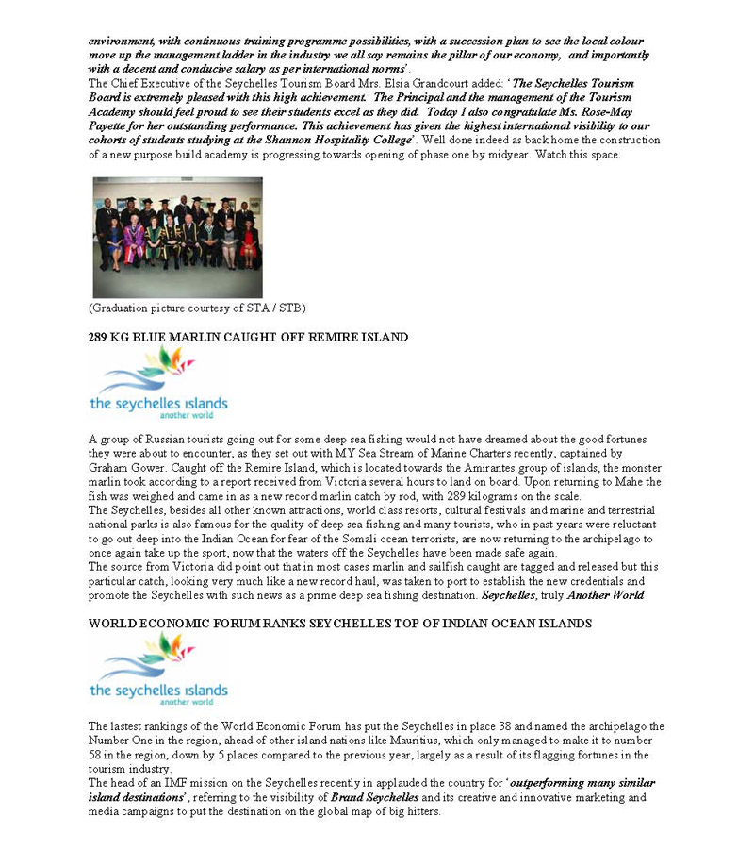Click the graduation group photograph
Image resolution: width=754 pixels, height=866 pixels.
pos(177,237)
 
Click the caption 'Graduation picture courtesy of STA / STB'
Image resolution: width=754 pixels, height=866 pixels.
pos(197,308)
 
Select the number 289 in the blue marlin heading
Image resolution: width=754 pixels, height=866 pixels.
pos(100,337)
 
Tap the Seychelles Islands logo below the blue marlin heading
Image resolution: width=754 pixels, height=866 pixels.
pos(158,383)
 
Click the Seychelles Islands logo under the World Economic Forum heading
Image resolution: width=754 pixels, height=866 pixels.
pos(158,670)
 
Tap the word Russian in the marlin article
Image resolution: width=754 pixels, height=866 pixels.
pos(153,440)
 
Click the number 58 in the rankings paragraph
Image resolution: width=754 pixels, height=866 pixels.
pos(96,755)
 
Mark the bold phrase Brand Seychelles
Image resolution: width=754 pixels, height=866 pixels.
pos(374,797)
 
